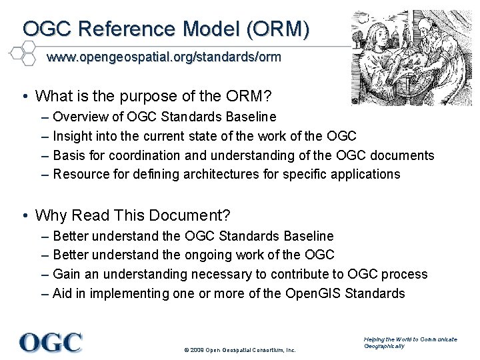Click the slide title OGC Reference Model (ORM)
(166, 29)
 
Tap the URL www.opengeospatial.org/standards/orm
(163, 57)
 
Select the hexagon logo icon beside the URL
(21, 52)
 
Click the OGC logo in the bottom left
(51, 342)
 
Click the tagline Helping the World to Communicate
(410, 339)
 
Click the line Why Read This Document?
(133, 215)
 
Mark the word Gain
(66, 274)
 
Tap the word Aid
(63, 293)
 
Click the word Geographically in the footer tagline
(385, 347)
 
